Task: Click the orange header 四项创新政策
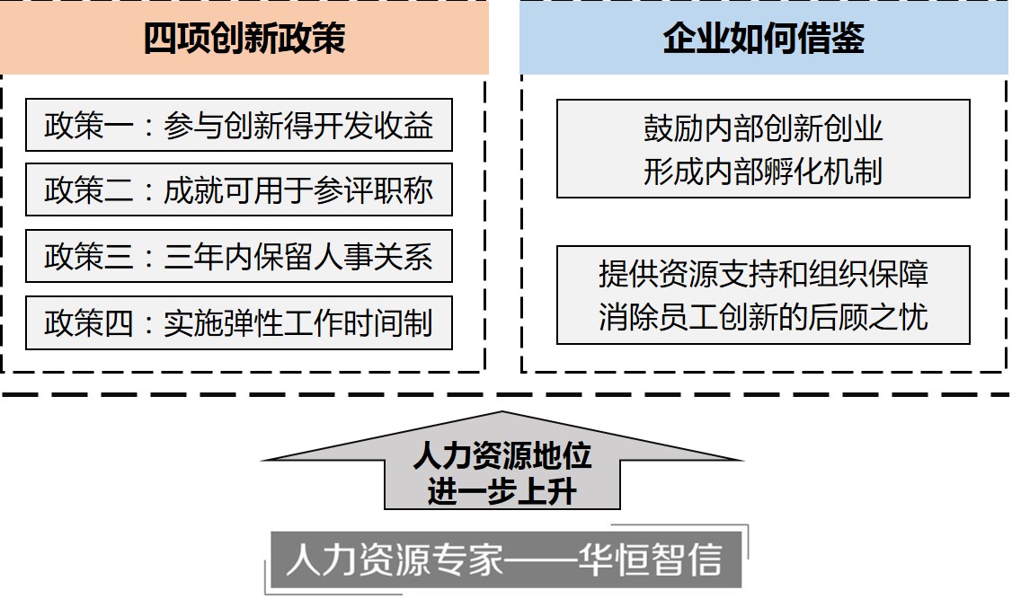point(244,38)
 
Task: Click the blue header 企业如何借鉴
point(764,38)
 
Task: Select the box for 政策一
point(239,125)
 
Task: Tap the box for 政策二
point(239,189)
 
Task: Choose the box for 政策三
point(239,256)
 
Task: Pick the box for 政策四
point(239,323)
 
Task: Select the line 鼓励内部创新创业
point(763,128)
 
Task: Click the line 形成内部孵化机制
point(763,172)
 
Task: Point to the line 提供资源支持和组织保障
point(763,274)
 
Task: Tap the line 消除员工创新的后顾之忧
point(763,317)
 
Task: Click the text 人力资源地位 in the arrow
point(502,456)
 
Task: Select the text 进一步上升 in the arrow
point(502,492)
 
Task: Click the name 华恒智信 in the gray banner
point(650,559)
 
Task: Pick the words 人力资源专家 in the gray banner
point(395,559)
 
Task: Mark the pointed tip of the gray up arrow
point(502,412)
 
